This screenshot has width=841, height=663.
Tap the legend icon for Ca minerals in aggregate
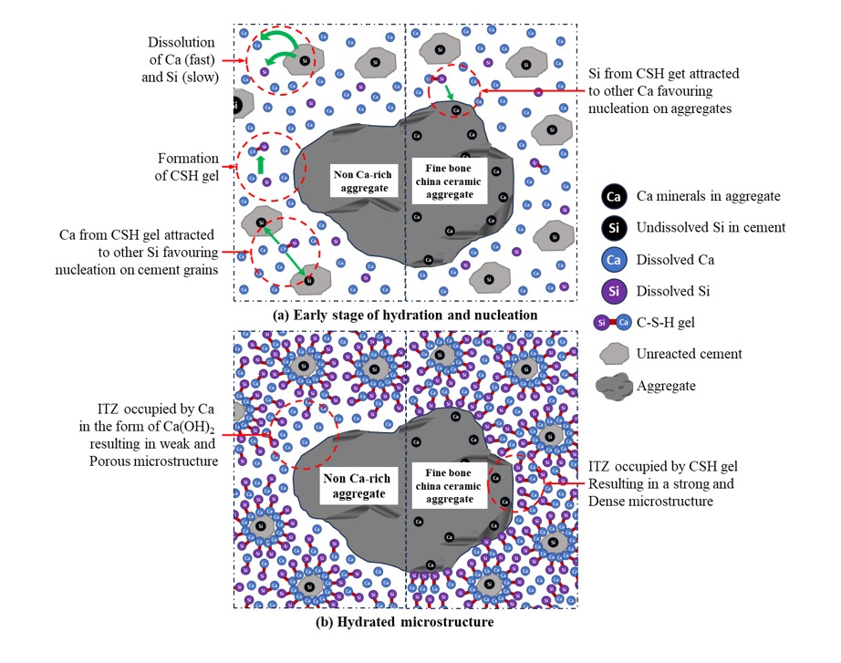pos(614,195)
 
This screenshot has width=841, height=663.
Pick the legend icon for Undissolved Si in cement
pos(614,227)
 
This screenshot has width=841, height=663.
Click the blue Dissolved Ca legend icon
pos(614,259)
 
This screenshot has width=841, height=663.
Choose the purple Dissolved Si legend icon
pos(614,291)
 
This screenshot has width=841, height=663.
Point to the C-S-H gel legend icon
pos(614,323)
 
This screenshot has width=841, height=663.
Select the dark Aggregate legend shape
pos(614,386)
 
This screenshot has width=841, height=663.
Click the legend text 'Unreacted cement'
pos(690,355)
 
